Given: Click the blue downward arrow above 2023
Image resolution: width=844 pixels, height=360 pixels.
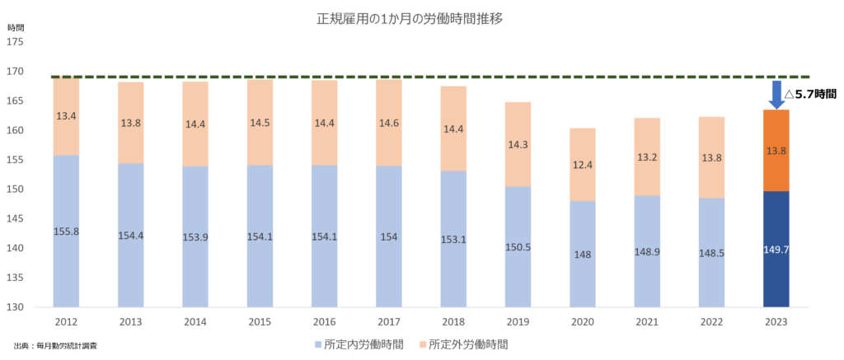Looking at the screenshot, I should [x=776, y=94].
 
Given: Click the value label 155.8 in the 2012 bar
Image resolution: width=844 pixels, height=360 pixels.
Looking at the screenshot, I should [x=67, y=231].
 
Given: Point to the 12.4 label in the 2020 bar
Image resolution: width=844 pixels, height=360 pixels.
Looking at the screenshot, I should [x=582, y=165].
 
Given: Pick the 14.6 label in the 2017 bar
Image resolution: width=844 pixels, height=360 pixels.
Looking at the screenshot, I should [x=388, y=123].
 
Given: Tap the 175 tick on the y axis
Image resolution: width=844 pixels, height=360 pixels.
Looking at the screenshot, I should [x=16, y=42].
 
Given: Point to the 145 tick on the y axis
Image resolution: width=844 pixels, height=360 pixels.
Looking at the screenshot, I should [x=16, y=218].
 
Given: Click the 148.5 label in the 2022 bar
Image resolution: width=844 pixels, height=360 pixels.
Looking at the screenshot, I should [x=711, y=251].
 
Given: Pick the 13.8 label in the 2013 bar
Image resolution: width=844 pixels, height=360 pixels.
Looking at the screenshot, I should [x=130, y=122].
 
